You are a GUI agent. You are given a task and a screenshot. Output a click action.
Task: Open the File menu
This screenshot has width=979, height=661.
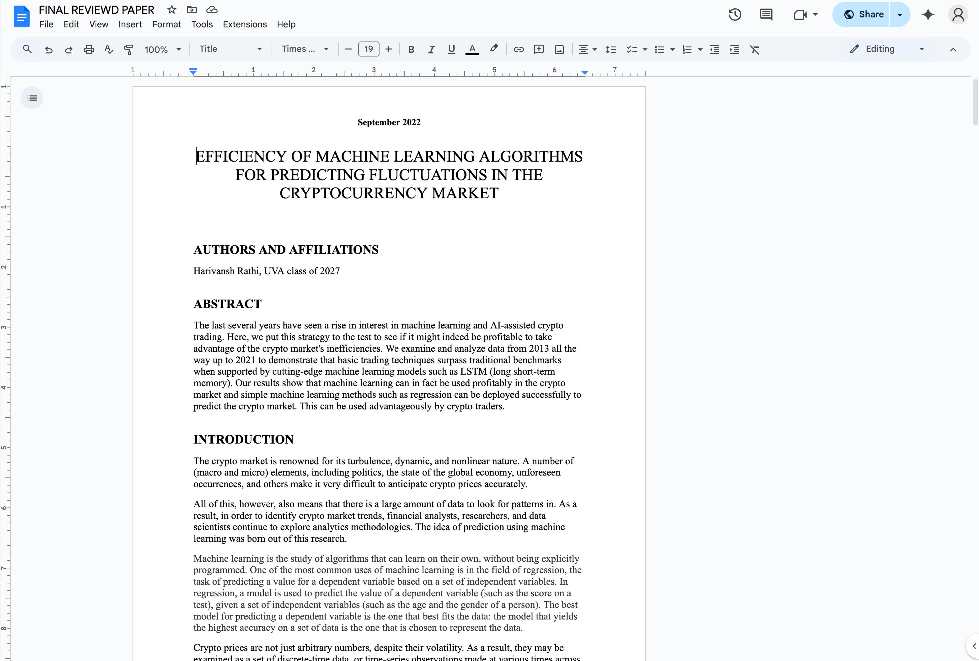[46, 24]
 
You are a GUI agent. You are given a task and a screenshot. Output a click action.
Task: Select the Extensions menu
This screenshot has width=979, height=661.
[244, 24]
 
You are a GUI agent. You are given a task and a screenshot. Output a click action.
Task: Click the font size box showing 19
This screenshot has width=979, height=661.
[368, 49]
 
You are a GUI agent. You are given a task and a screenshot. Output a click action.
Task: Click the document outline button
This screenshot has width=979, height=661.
[32, 98]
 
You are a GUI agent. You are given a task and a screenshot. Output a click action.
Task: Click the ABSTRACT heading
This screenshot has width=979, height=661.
[227, 304]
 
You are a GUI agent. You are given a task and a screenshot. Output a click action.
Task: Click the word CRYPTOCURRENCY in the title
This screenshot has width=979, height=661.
[353, 193]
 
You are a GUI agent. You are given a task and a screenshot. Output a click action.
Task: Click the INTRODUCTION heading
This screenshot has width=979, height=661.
[244, 439]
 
